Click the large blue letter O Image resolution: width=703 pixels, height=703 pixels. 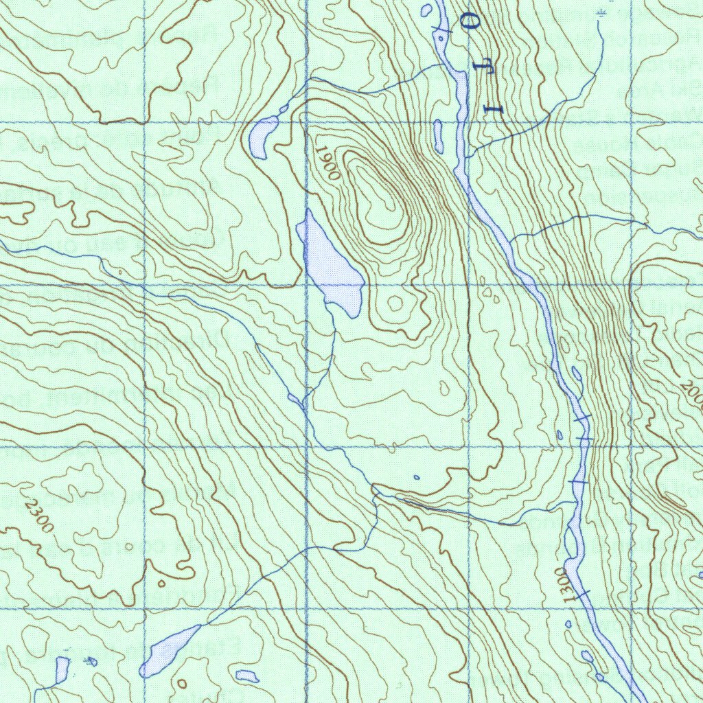[472, 23]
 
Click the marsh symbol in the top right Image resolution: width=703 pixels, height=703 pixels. [602, 14]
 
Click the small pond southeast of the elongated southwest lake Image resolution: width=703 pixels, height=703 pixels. [246, 676]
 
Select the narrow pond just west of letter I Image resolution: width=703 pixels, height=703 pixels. [437, 137]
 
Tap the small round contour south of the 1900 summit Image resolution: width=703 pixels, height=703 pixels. [395, 303]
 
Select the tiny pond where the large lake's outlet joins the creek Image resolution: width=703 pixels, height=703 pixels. [295, 398]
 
